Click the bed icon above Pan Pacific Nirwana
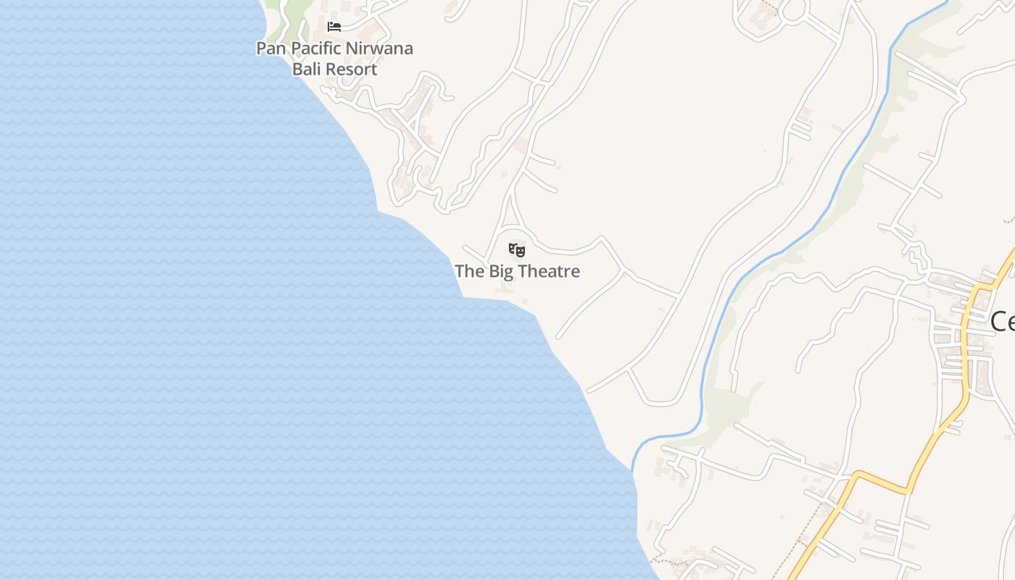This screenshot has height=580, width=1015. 333,27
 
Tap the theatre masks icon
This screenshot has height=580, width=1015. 516,251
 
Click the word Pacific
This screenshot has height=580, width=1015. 317,49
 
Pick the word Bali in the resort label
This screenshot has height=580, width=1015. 307,70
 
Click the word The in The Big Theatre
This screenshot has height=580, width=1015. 469,272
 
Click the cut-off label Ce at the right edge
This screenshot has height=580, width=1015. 1002,321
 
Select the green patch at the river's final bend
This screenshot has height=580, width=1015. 729,410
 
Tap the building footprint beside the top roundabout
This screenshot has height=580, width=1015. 761,13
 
